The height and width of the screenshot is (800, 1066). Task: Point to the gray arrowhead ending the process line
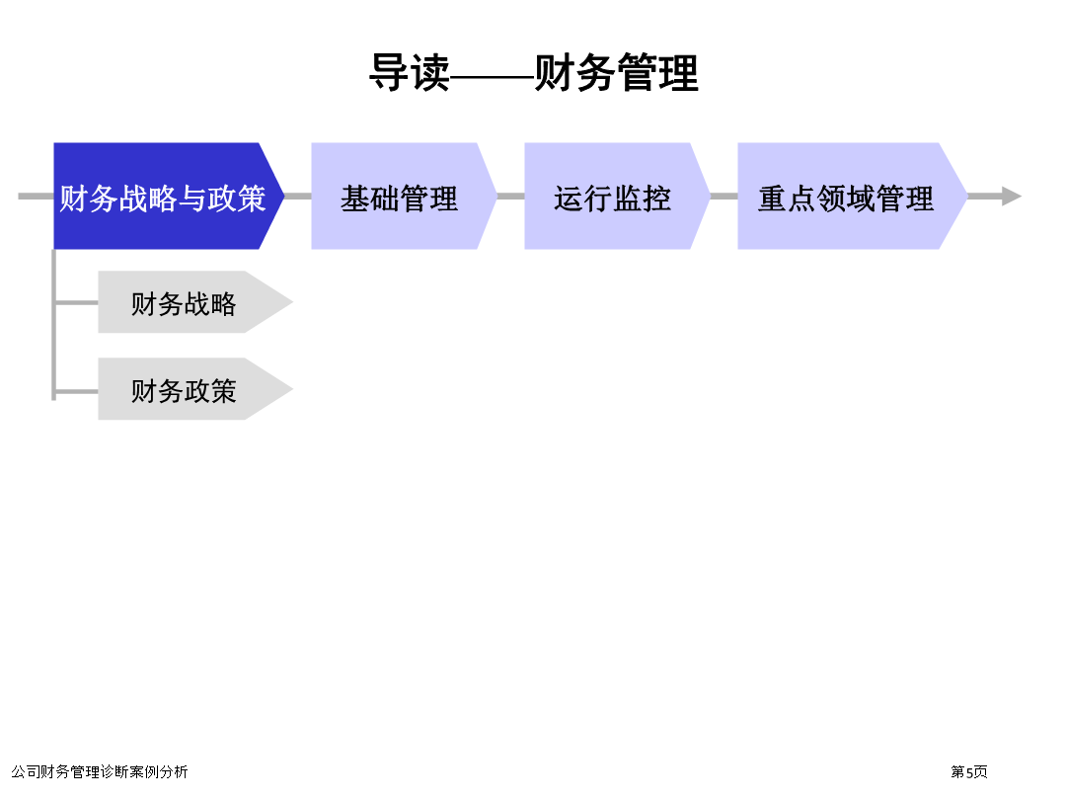click(x=1012, y=196)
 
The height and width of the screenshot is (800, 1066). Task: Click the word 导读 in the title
click(x=410, y=72)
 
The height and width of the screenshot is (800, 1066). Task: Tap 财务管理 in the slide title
click(x=617, y=72)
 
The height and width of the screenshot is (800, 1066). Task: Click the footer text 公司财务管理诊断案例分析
click(x=100, y=771)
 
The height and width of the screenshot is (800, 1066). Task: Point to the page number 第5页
click(x=969, y=771)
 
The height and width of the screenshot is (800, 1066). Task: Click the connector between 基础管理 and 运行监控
click(x=510, y=196)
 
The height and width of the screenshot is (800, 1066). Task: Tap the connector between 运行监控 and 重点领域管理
click(x=724, y=196)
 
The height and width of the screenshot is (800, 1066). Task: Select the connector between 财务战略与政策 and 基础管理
click(x=298, y=196)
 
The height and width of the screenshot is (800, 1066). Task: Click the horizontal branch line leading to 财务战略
click(x=76, y=302)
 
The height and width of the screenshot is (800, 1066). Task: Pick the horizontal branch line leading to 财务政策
click(x=76, y=392)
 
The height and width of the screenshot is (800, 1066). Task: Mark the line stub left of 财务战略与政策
click(x=37, y=196)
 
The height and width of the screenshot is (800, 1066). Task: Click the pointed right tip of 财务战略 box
click(x=292, y=302)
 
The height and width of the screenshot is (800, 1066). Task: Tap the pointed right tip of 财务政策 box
click(x=292, y=389)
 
